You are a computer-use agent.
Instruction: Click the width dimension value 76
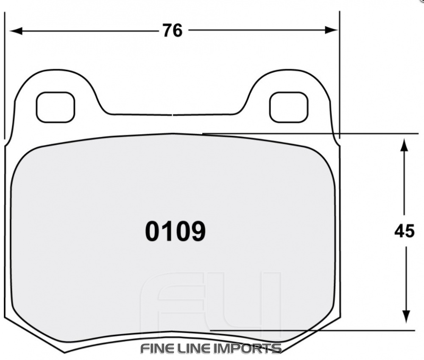pyautogui.click(x=172, y=30)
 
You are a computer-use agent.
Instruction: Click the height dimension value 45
pyautogui.click(x=404, y=231)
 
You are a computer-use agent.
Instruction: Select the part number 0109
pyautogui.click(x=175, y=231)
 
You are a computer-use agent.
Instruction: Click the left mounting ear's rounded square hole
pyautogui.click(x=56, y=107)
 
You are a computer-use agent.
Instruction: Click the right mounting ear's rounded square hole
pyautogui.click(x=288, y=107)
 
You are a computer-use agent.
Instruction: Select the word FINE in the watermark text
pyautogui.click(x=156, y=349)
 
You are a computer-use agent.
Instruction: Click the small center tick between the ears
pyautogui.click(x=173, y=114)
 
